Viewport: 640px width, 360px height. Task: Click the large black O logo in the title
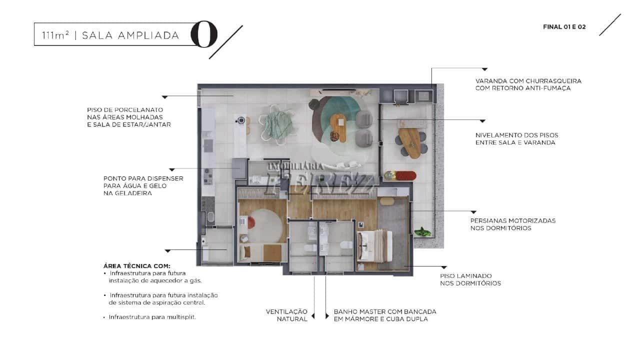pos(204,34)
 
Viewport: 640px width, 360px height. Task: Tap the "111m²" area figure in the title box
pos(55,35)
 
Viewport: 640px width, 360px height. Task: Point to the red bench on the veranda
pos(405,175)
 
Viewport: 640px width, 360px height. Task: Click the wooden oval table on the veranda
pos(410,143)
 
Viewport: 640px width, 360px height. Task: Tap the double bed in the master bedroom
pos(374,246)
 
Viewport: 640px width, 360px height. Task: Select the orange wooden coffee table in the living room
pos(338,128)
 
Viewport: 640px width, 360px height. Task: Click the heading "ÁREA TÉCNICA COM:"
pos(137,265)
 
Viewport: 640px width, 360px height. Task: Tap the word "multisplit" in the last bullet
pos(181,317)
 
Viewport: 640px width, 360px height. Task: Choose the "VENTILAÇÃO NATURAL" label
pos(286,315)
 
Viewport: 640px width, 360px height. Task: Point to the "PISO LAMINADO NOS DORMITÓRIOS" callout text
pos(470,279)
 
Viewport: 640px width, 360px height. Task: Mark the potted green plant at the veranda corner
pos(422,231)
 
